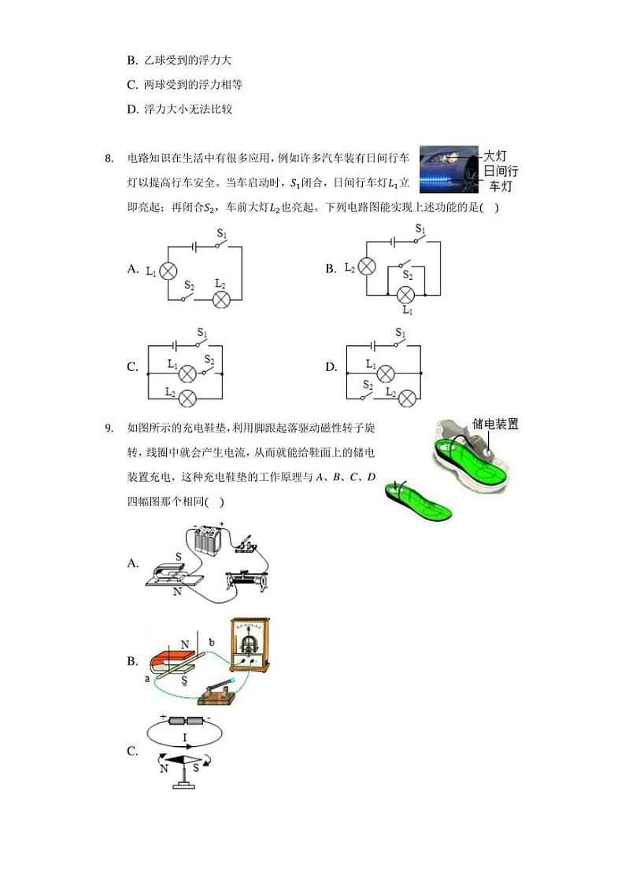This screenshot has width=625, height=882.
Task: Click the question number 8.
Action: pos(109,160)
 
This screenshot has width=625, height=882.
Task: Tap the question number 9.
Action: pos(109,428)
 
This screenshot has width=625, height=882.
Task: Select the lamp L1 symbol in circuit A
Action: pos(168,270)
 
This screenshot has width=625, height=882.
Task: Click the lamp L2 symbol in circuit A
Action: pos(222,299)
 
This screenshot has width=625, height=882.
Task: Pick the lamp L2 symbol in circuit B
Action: pos(366,268)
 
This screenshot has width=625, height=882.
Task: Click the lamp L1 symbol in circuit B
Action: pos(405,295)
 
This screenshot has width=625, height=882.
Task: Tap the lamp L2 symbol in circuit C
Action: pos(187,398)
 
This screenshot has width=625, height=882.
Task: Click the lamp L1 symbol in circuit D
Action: pos(386,373)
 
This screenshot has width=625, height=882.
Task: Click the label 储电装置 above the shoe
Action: pos(495,424)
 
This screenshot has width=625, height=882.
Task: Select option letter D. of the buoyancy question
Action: pos(132,109)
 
